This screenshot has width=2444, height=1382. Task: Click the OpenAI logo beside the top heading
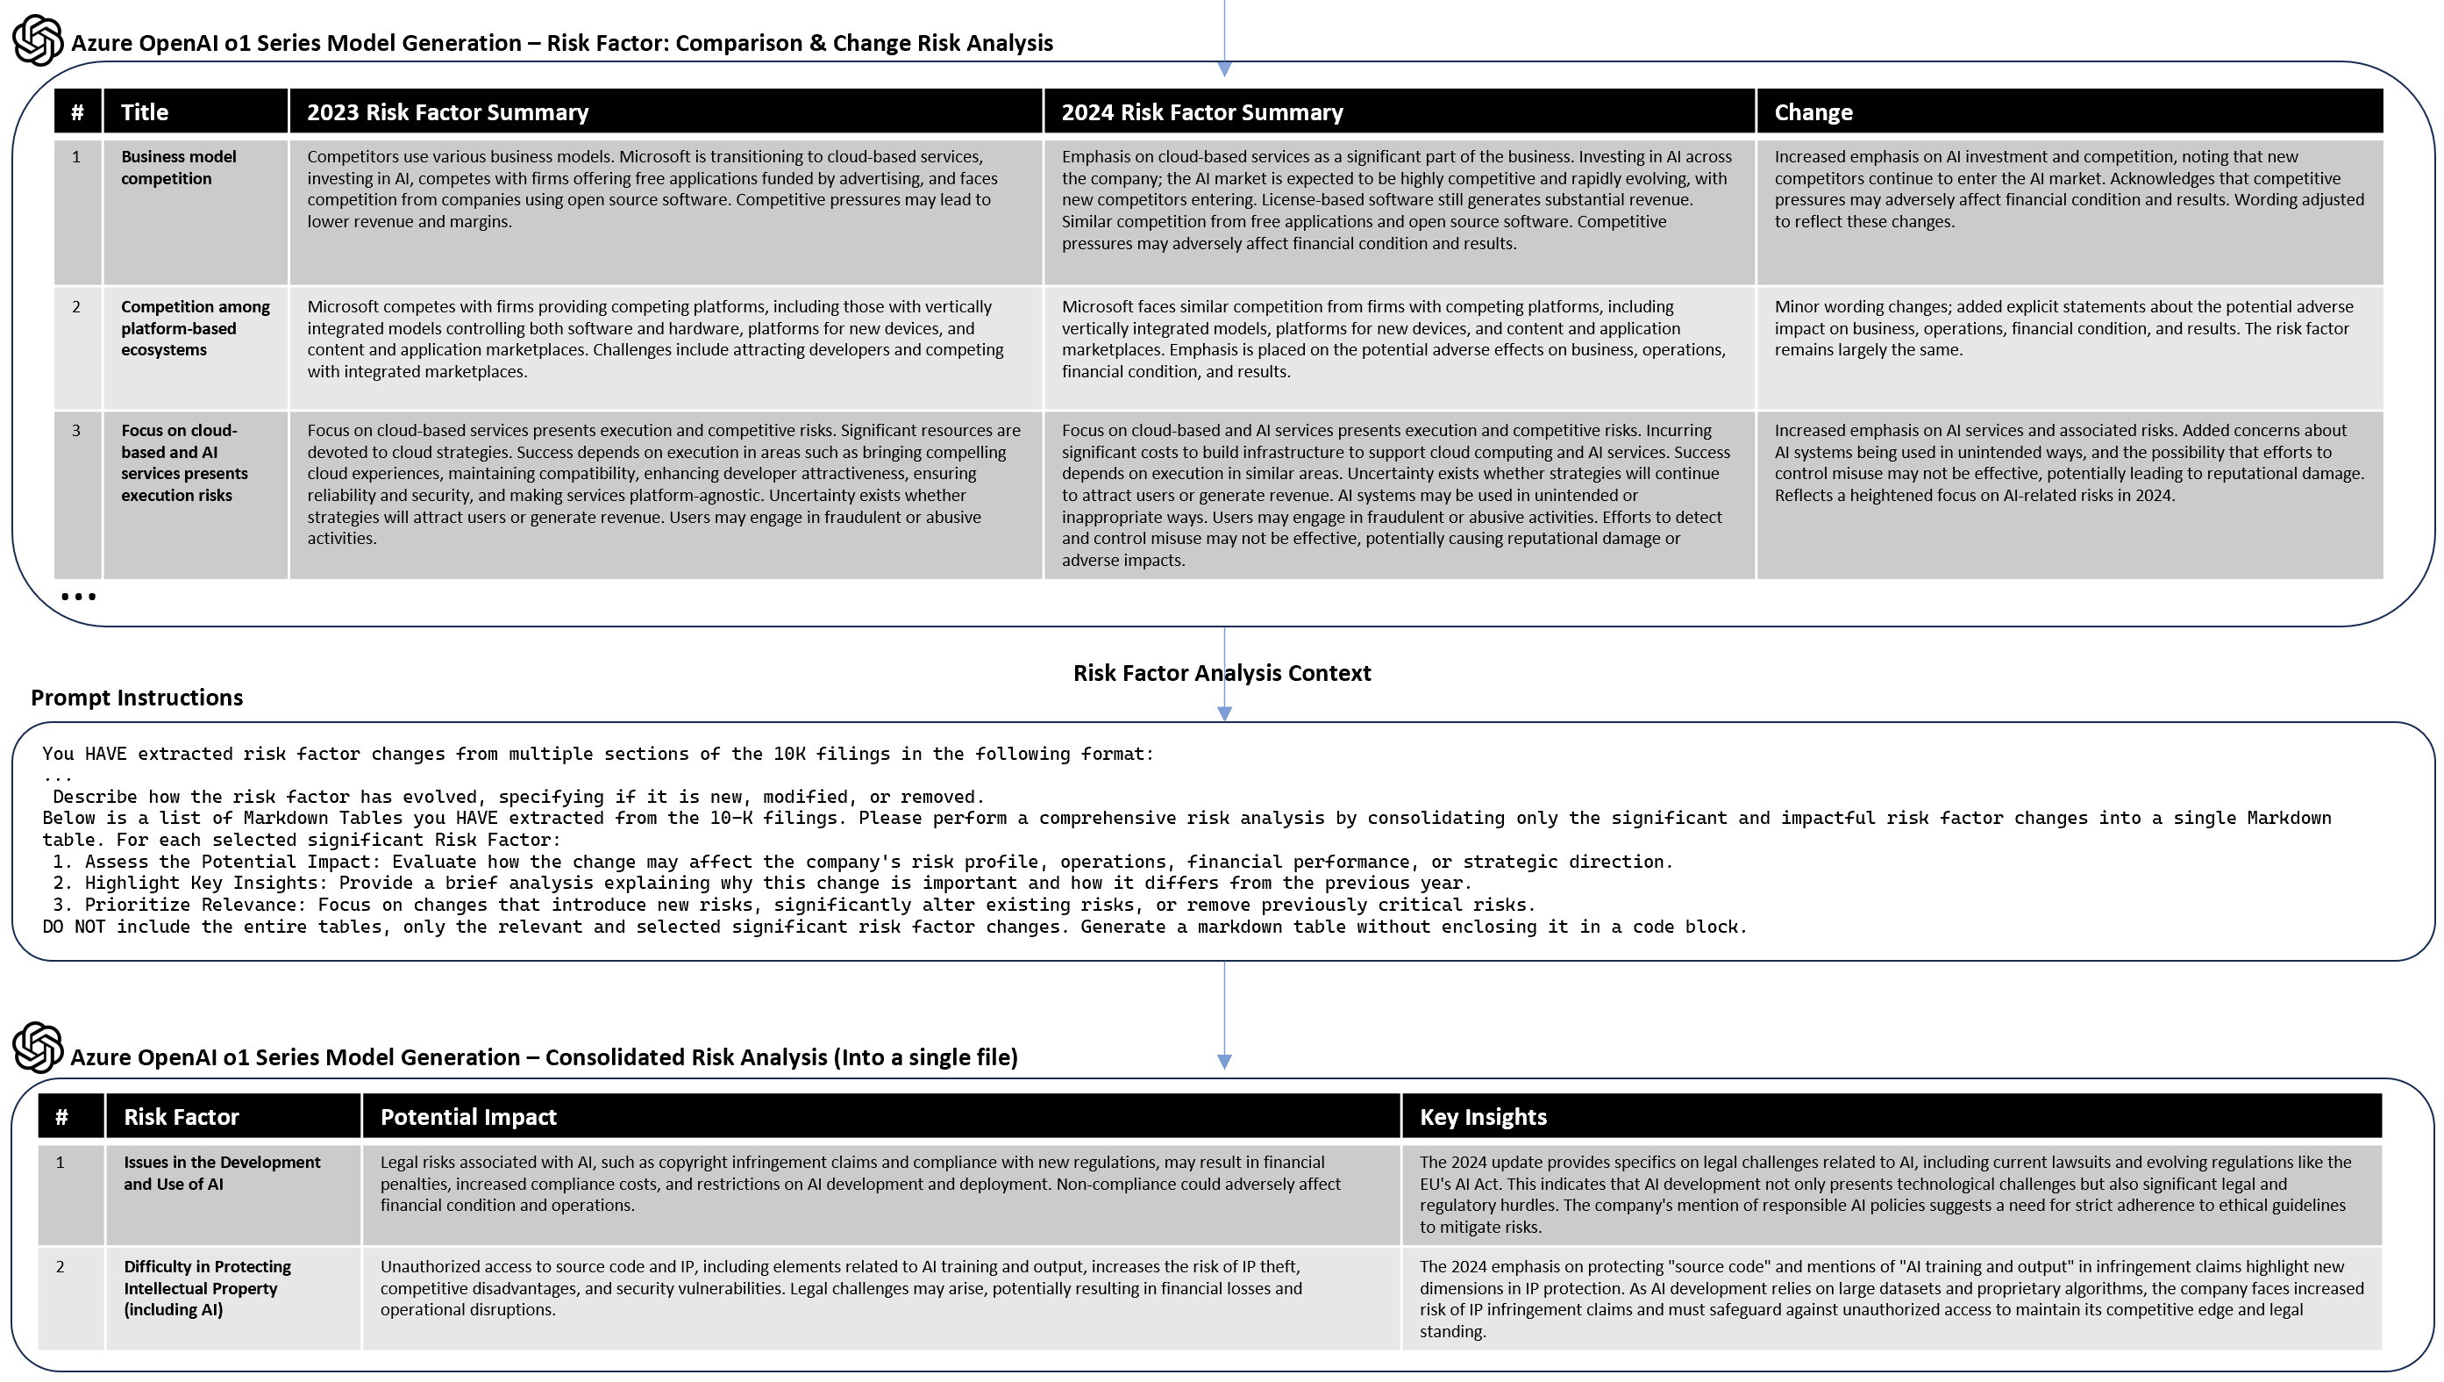click(x=38, y=39)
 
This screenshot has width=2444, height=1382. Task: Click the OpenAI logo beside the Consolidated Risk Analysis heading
click(x=38, y=1048)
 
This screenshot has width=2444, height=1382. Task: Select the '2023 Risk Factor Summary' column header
click(x=447, y=112)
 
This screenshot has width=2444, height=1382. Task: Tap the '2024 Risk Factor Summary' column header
click(x=1201, y=112)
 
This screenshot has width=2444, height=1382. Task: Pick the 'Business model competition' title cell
click(x=178, y=168)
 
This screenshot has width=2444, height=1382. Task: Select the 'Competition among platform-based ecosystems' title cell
click(x=195, y=328)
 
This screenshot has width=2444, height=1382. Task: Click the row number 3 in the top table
click(x=77, y=431)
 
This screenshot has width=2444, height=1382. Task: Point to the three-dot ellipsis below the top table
click(x=78, y=597)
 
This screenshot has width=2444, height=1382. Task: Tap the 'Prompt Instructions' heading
click(x=137, y=698)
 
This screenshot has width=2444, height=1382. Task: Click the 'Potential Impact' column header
click(x=467, y=1117)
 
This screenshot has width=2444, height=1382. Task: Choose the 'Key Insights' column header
click(x=1482, y=1117)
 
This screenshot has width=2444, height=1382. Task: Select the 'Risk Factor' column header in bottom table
click(x=182, y=1117)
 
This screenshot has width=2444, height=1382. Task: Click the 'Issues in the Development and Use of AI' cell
click(x=222, y=1173)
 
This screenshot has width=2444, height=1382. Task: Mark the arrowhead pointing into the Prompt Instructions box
click(x=1224, y=713)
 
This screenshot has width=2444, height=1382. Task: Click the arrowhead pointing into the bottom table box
click(x=1224, y=1061)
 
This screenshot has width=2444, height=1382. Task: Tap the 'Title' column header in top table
click(x=144, y=112)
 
